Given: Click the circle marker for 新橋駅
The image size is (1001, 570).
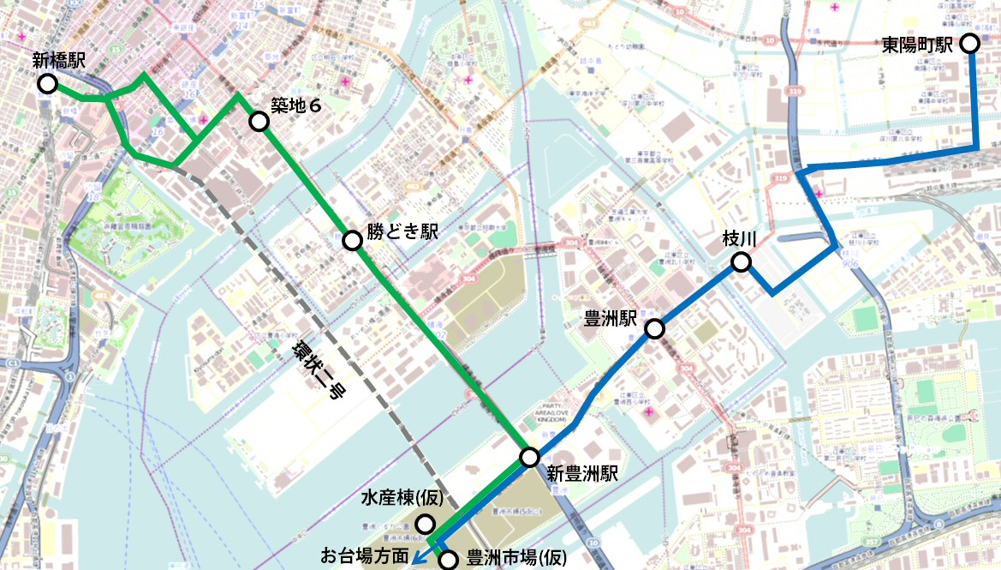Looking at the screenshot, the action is pos(47,83).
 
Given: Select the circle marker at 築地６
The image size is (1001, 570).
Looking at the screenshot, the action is pos(259,121).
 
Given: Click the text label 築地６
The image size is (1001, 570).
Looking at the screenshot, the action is pos(295,106).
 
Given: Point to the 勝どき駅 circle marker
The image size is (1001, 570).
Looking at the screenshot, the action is pos(352,241).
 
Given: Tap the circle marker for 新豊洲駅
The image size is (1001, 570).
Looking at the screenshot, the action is pos(530,457).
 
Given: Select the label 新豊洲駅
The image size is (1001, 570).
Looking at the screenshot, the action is pos(582,473).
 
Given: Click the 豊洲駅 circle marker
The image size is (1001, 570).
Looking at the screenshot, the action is pos(655,328).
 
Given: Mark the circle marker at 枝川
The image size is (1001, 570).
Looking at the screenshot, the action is pos(741,262).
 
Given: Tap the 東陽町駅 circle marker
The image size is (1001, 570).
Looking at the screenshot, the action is pos(970,43).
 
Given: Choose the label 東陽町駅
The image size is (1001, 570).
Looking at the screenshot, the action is pos(917,45).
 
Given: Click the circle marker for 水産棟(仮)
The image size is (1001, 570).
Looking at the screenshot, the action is pos(425,523).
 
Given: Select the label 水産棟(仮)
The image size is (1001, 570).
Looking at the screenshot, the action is pos(401,499).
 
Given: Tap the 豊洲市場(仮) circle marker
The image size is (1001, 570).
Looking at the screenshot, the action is pos(449,561).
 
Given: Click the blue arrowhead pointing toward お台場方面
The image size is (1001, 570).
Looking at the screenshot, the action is pos(417,558).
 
